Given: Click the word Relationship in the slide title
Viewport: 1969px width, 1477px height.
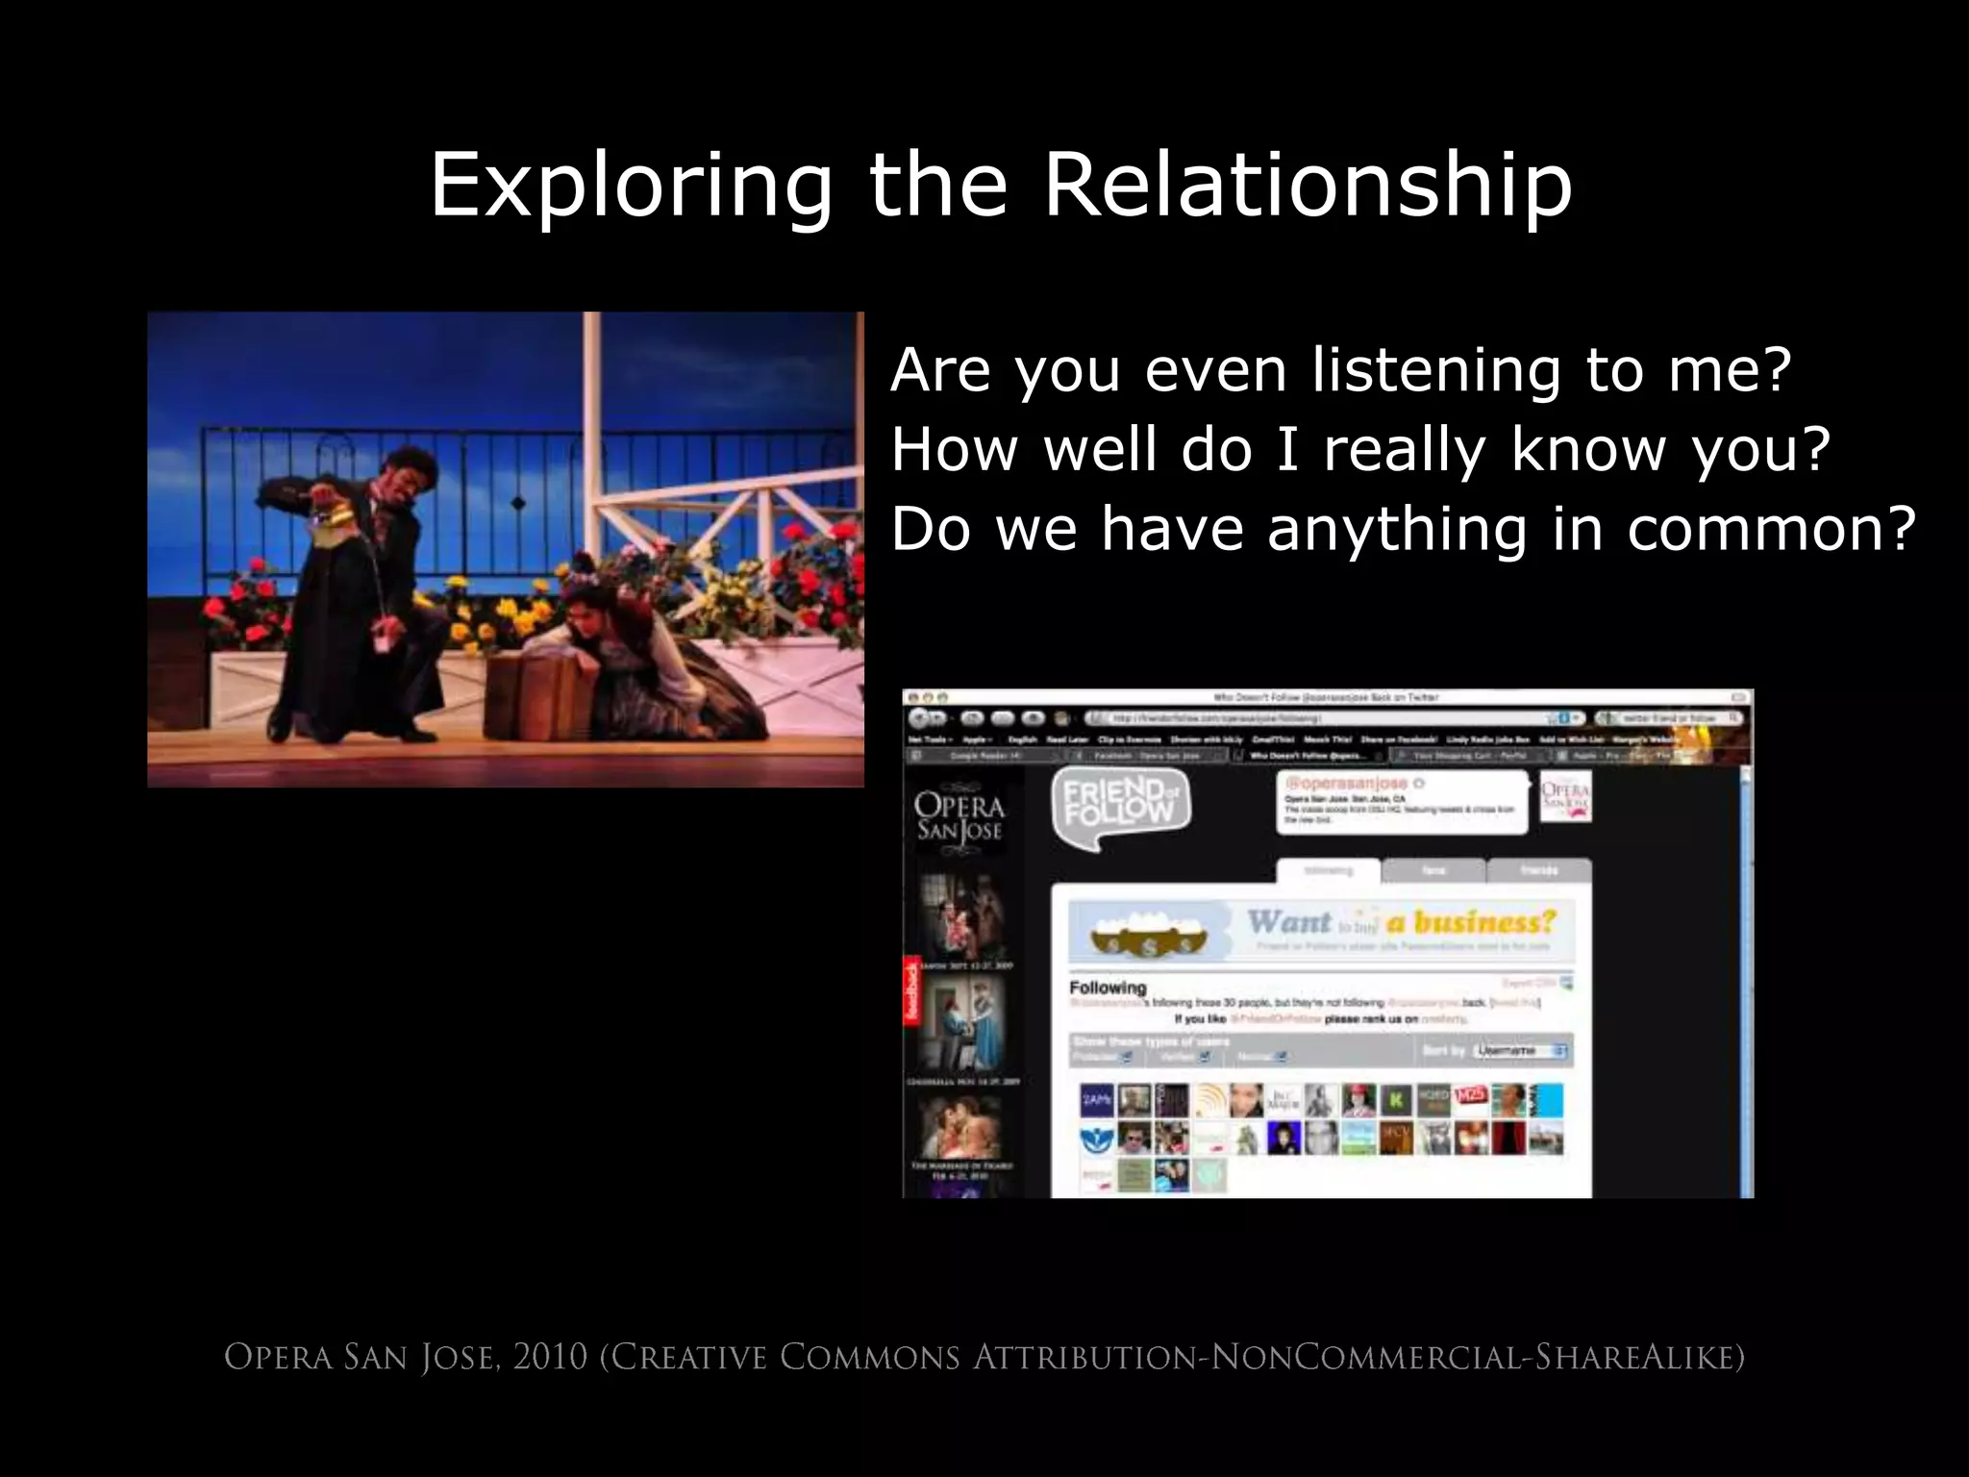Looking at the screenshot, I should coord(1308,185).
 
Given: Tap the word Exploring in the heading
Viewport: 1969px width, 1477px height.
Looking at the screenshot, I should coord(630,185).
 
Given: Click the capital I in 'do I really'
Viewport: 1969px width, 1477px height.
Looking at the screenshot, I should coord(1288,449).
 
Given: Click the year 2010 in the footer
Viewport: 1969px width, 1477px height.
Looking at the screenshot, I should coord(550,1358).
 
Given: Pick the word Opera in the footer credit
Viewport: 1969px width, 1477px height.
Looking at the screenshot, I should coord(279,1358).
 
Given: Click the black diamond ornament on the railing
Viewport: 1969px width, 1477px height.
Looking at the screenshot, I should coord(518,503).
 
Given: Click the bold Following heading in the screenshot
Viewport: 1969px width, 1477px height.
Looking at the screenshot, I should coord(1108,988).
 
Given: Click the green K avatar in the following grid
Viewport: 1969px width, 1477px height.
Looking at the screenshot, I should coord(1395,1100).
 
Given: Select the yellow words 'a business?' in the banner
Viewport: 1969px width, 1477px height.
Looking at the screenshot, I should coord(1471,922).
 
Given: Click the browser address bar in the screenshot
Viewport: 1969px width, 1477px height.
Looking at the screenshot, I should coord(1317,718).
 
